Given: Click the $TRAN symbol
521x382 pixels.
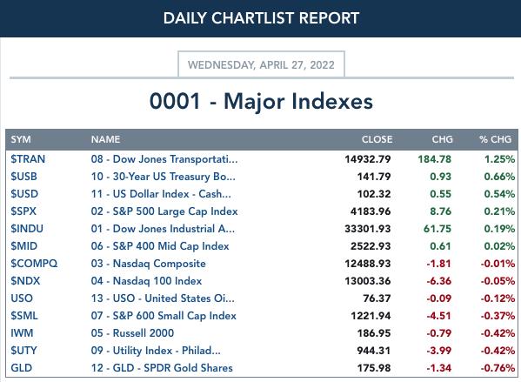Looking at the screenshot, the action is [28, 159].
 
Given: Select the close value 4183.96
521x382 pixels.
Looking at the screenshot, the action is [371, 211].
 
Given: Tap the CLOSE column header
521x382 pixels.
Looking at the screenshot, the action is [377, 139].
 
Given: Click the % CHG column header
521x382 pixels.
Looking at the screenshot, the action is [495, 139].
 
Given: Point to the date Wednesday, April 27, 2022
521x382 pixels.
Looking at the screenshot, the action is [261, 64].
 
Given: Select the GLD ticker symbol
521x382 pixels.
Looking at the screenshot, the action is [21, 368].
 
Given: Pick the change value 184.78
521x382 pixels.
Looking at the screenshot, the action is [435, 159].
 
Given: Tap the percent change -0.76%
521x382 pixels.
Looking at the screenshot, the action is [498, 368].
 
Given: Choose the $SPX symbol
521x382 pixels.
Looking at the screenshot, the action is [23, 211].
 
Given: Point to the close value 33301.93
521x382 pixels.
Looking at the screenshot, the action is [368, 229].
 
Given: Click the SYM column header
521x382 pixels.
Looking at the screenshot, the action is [21, 139].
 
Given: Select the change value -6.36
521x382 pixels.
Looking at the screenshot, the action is [439, 281].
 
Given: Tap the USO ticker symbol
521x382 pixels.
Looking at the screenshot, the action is [22, 298].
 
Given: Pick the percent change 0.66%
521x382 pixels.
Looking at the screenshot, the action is [499, 177].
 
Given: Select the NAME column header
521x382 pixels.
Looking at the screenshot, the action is [105, 139].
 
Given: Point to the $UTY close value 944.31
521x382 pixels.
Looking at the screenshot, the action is [374, 351].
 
